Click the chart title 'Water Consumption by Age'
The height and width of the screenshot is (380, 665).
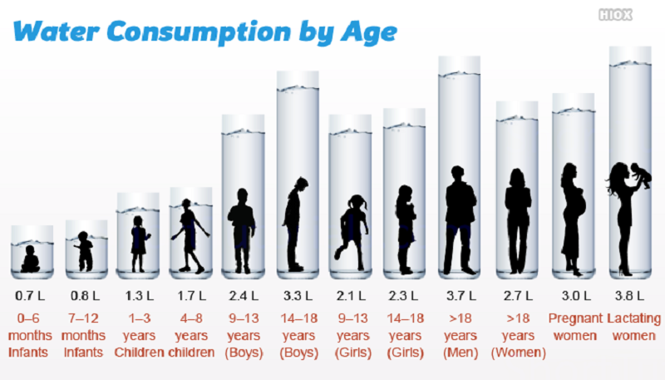click(205, 32)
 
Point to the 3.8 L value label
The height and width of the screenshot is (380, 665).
click(629, 295)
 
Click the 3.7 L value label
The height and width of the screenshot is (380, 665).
click(460, 295)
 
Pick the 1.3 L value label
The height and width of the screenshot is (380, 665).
click(138, 295)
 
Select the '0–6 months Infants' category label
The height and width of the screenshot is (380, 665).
click(31, 336)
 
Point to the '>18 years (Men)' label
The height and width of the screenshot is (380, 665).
click(460, 336)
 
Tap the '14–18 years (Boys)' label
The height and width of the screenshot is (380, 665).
click(298, 336)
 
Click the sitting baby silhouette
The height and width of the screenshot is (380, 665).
click(31, 259)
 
